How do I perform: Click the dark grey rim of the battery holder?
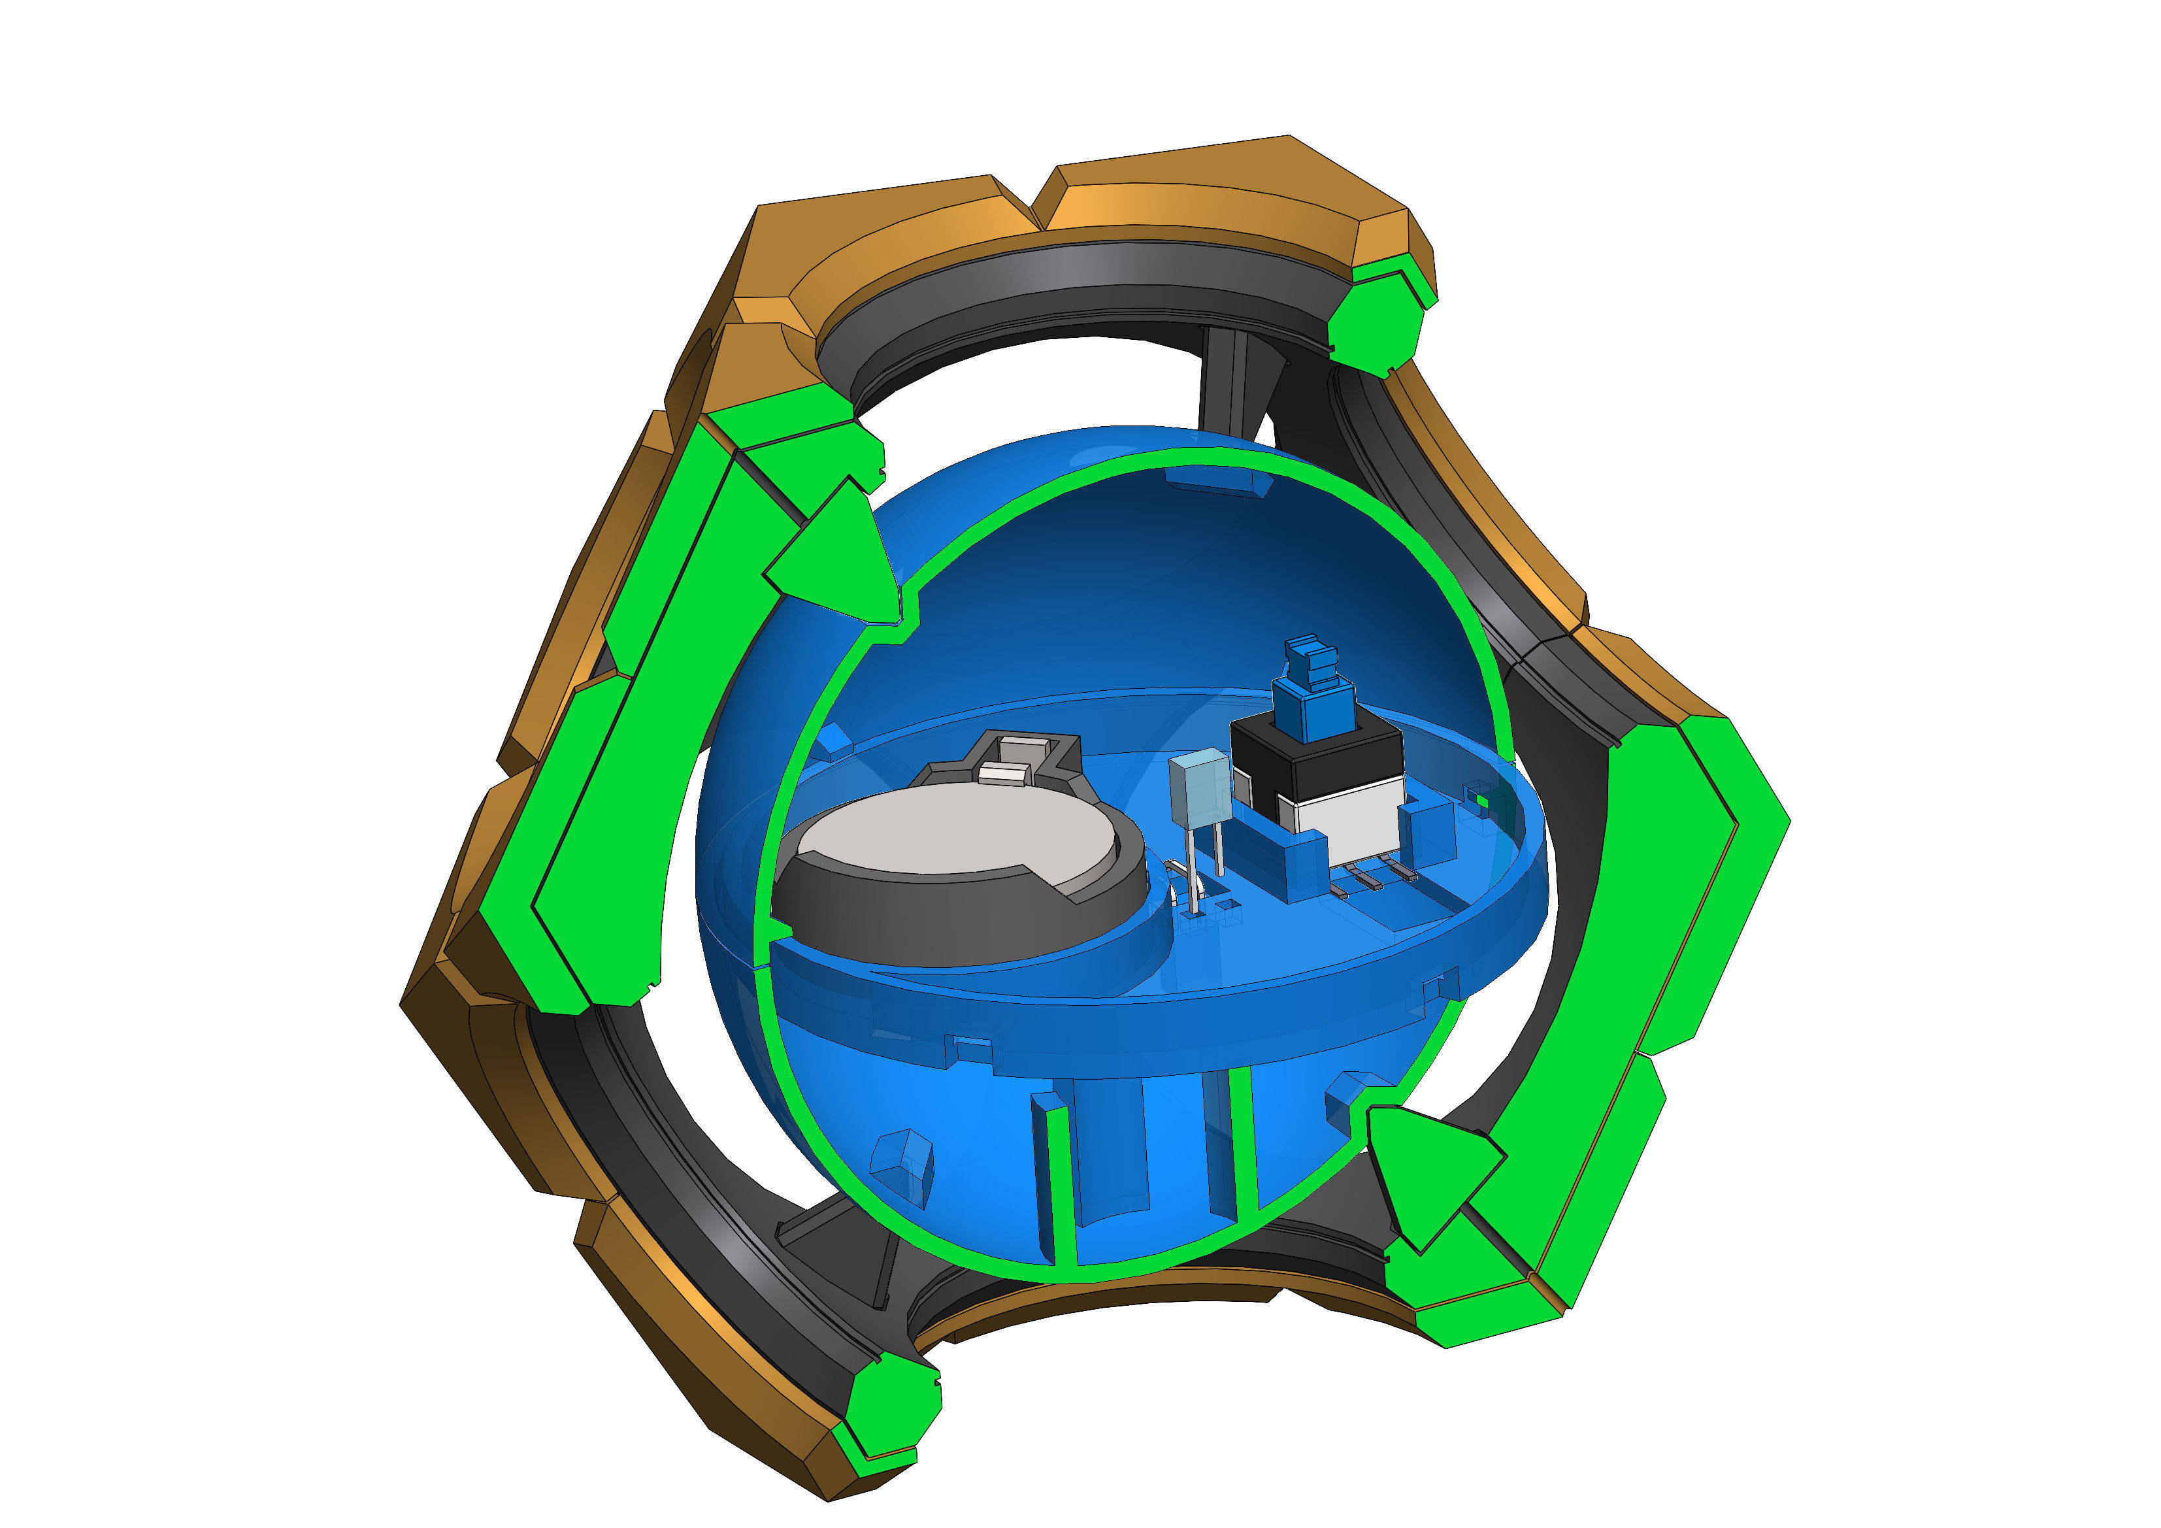click(x=960, y=918)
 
